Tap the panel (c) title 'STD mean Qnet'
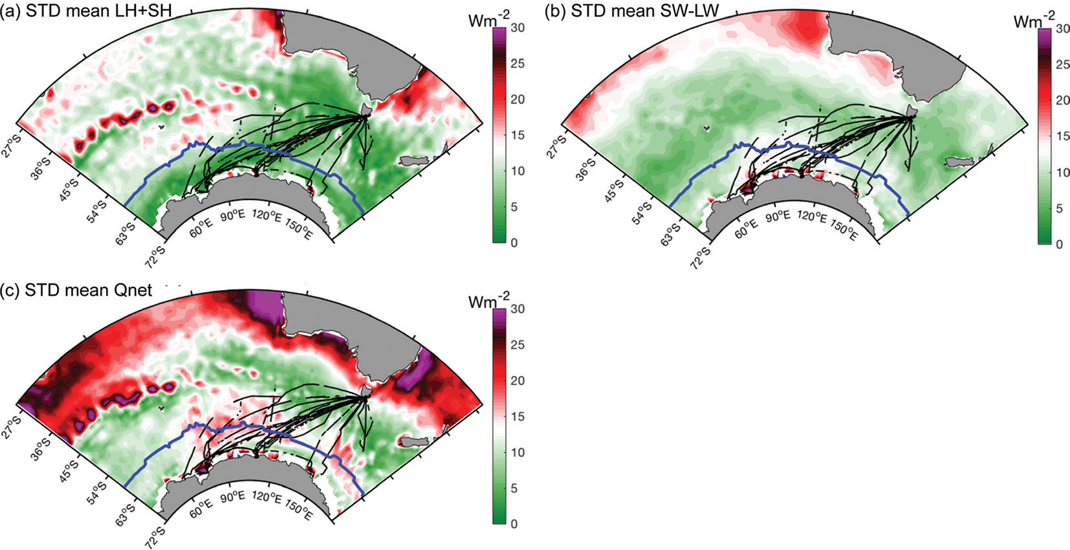tap(88, 290)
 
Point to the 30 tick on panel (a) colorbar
tap(518, 28)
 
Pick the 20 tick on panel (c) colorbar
tap(518, 381)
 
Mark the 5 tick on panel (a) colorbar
tap(514, 207)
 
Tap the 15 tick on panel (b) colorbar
tap(1062, 137)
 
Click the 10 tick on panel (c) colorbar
tap(518, 453)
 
